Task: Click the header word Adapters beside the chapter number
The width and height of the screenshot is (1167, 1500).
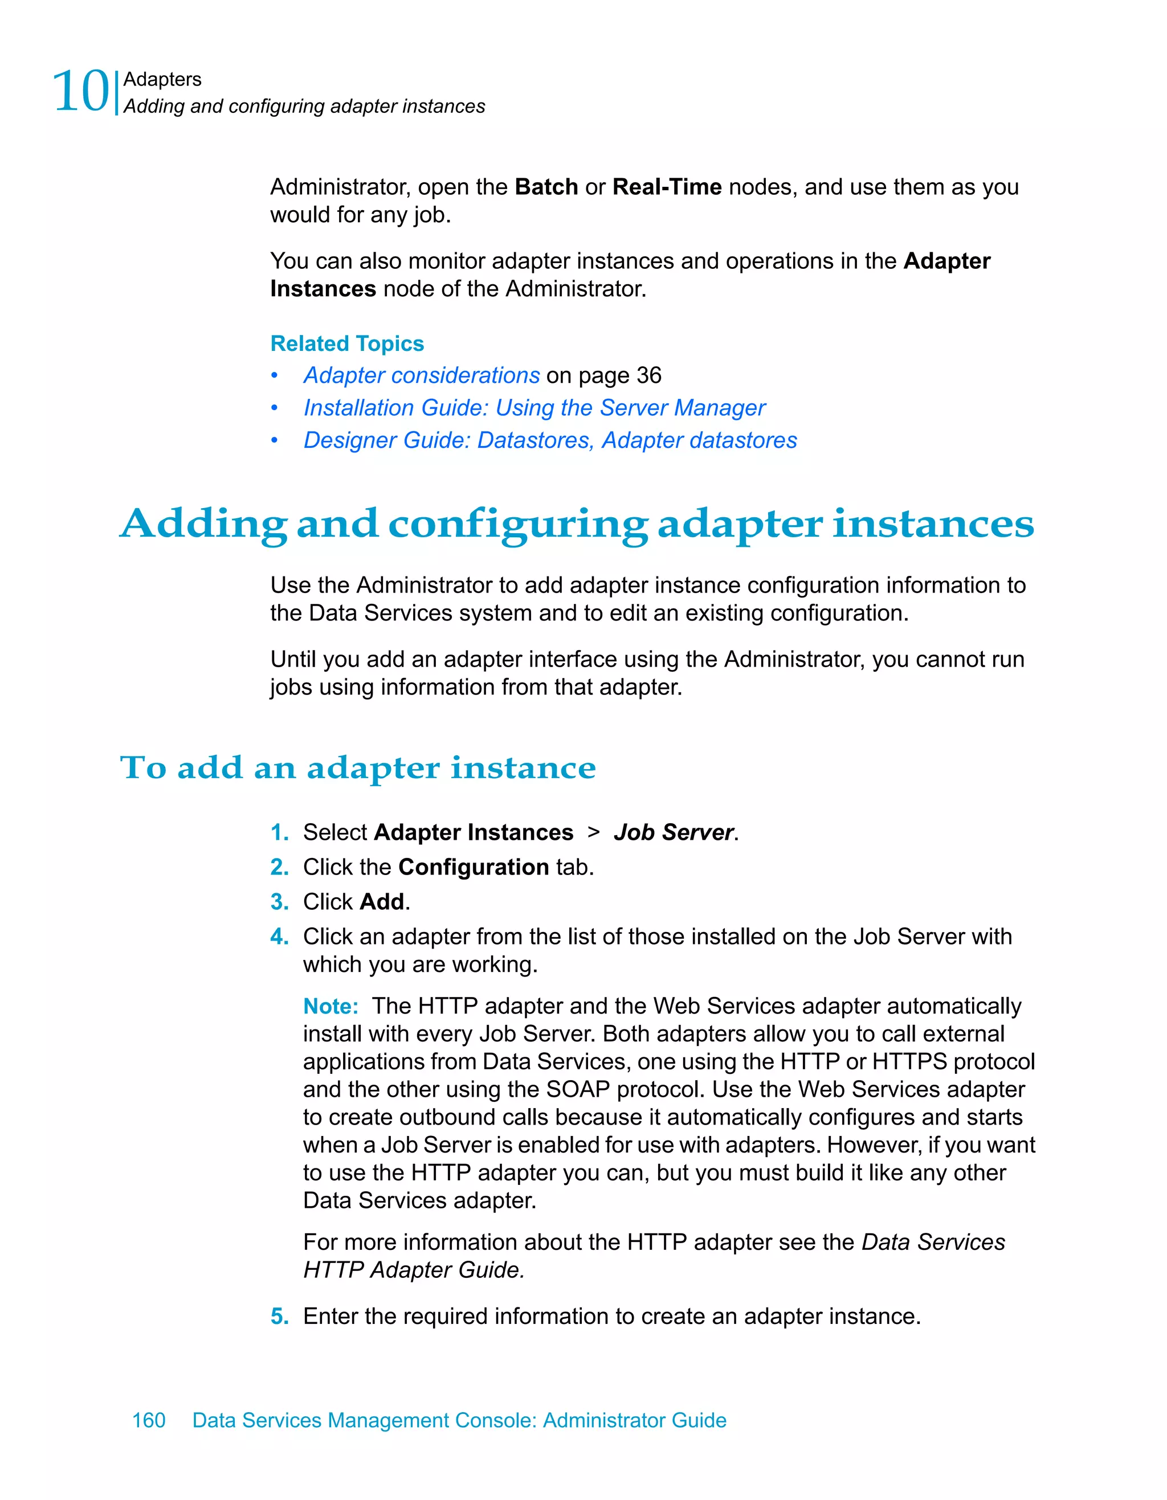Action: (162, 80)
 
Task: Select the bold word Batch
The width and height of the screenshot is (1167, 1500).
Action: (546, 187)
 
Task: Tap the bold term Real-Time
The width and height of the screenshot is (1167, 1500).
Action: (666, 187)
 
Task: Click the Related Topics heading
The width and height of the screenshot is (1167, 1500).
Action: (347, 344)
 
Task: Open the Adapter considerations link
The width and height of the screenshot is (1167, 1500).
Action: (422, 375)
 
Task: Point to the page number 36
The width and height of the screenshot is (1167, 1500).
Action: (648, 375)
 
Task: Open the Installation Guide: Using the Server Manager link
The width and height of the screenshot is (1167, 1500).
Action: (534, 408)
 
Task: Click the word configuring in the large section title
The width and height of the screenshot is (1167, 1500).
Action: (517, 525)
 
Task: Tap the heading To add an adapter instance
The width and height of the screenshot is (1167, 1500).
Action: (357, 768)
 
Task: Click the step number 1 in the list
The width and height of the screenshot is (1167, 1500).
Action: (278, 833)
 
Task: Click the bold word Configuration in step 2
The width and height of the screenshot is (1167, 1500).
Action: (474, 868)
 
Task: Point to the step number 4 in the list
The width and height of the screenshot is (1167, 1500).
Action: (278, 937)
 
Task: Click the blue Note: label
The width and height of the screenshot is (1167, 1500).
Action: (330, 1007)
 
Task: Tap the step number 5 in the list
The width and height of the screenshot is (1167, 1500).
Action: (278, 1317)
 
